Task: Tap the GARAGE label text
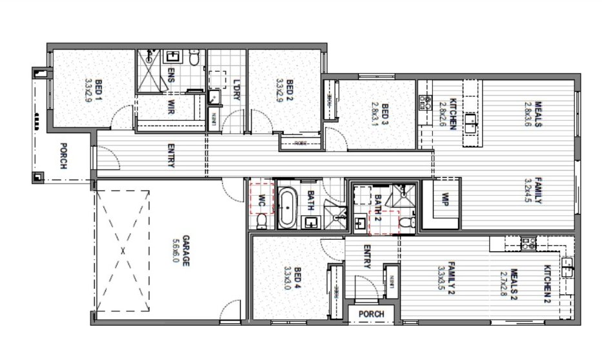click(185, 250)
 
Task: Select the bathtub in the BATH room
click(287, 207)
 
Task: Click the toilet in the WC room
click(261, 222)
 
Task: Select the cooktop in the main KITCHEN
click(426, 101)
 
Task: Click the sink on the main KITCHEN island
click(472, 121)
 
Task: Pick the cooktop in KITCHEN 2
click(527, 244)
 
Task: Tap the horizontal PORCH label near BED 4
click(372, 314)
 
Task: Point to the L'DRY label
click(237, 89)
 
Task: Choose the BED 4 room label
click(297, 277)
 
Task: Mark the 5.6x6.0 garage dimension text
click(174, 250)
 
